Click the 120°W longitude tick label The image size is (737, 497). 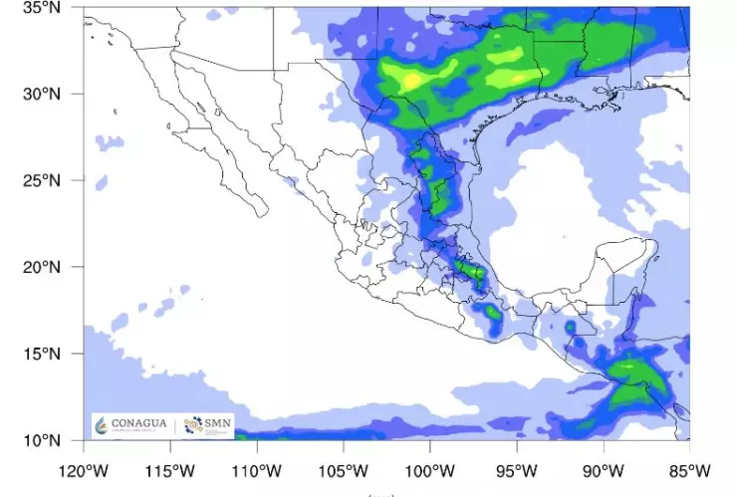click(x=83, y=469)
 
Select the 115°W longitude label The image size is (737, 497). click(x=169, y=469)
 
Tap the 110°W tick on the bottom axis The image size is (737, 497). click(x=257, y=469)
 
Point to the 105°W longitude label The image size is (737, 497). click(x=344, y=469)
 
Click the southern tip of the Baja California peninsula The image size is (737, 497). click(x=261, y=211)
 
